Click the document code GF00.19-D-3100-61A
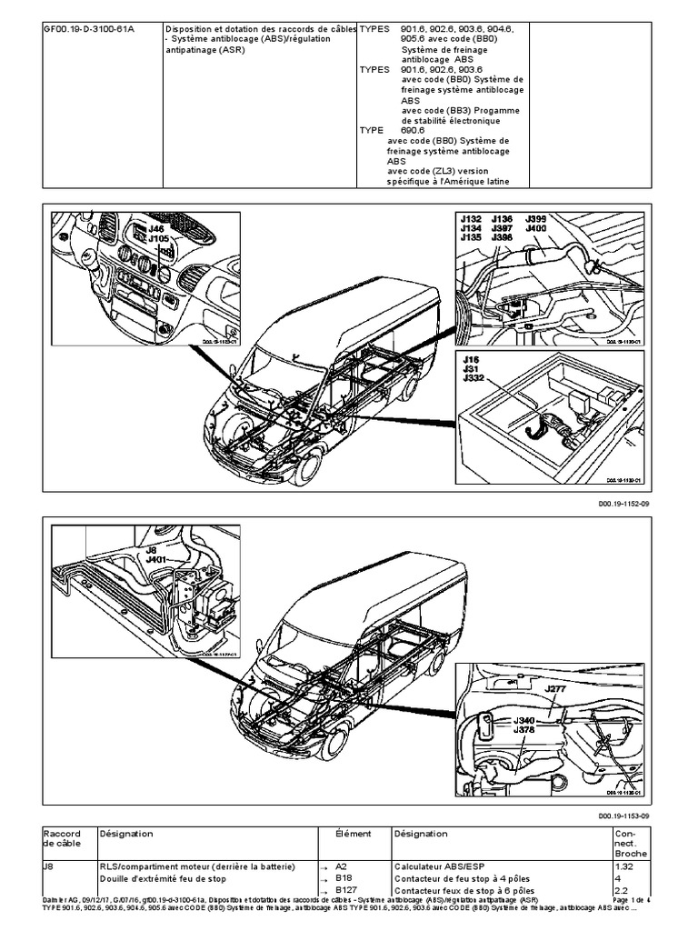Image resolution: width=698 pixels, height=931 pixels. pos(84,29)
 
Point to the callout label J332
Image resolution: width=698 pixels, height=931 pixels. pos(474,378)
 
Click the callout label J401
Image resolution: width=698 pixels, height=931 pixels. pos(157,559)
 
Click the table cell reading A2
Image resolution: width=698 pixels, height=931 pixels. pos(342,867)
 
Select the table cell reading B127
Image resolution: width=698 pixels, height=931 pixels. pos(345,892)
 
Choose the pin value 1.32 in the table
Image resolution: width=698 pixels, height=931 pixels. pos(626,867)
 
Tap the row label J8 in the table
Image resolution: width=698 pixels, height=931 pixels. pos(48,867)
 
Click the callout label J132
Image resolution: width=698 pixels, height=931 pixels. pos(470,218)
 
